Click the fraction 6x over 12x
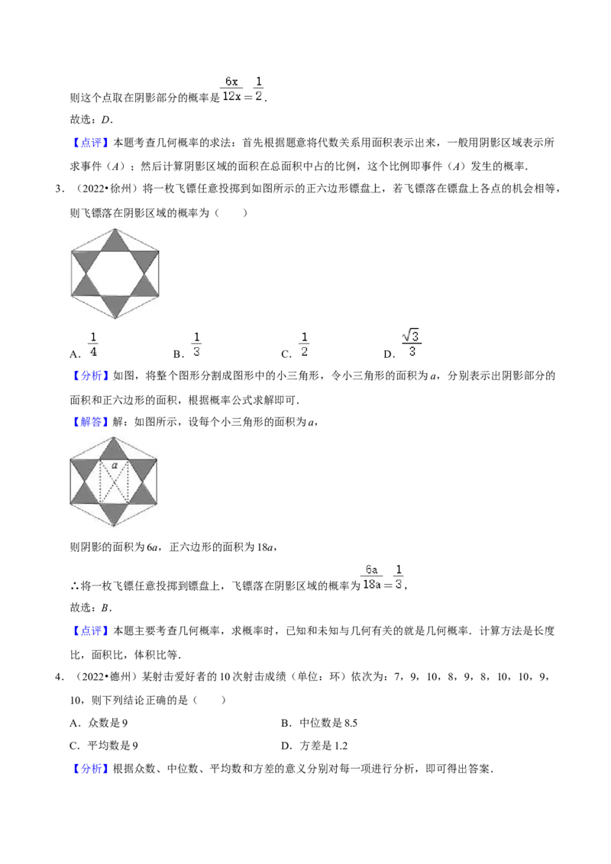[231, 89]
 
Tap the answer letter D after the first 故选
[105, 120]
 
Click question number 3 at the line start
[59, 189]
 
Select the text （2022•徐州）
[103, 189]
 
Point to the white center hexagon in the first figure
[115, 274]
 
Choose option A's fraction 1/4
[93, 344]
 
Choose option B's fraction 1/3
[196, 344]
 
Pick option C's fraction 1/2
[304, 344]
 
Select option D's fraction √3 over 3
[412, 343]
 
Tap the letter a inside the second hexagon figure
[114, 465]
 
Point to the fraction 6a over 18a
[372, 577]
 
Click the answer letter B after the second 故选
[105, 608]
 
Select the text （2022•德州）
[103, 677]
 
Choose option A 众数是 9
[99, 723]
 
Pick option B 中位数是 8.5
[319, 723]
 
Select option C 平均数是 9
[104, 746]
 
